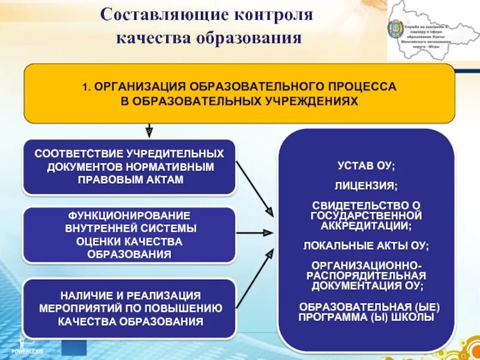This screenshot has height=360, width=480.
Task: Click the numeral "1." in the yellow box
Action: click(86, 86)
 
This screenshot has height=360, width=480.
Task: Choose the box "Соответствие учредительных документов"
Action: click(130, 166)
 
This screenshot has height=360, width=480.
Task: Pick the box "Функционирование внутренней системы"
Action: click(130, 235)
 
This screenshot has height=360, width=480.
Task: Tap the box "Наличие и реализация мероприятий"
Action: click(130, 308)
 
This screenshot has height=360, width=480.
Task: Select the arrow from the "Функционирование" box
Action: click(254, 232)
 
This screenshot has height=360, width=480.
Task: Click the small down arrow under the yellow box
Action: click(149, 130)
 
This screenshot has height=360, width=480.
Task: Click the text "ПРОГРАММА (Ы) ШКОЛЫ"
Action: click(367, 317)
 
